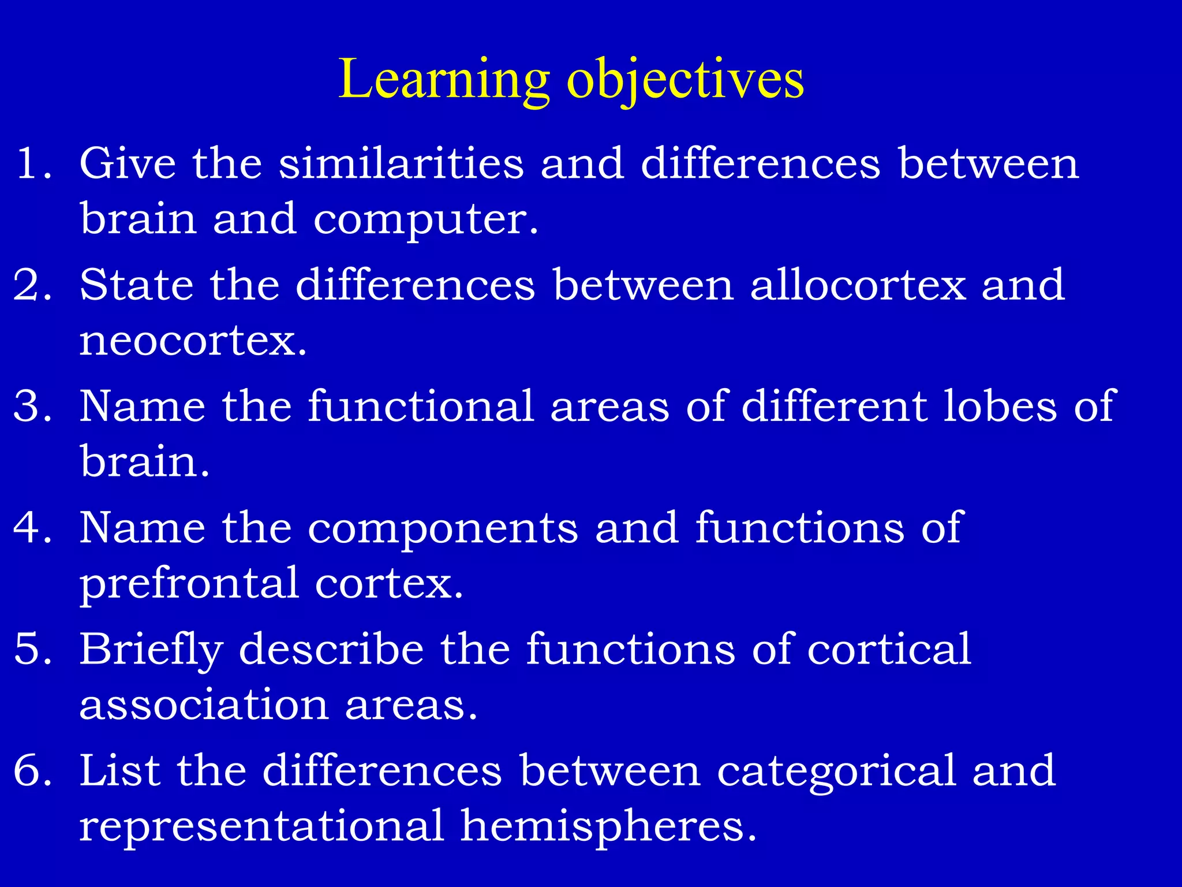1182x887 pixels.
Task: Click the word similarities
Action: tap(401, 163)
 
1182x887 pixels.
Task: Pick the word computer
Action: tap(425, 220)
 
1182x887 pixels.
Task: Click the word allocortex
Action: tap(858, 285)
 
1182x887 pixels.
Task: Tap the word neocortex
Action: tap(192, 341)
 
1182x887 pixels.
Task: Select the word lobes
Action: tap(1000, 406)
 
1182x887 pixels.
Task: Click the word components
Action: tap(443, 529)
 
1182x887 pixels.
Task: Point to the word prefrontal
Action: tap(189, 584)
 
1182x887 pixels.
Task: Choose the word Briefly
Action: tap(151, 650)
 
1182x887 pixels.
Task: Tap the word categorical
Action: tap(836, 772)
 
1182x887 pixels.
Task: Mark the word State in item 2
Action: tap(136, 285)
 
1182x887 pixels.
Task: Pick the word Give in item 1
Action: tap(128, 163)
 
